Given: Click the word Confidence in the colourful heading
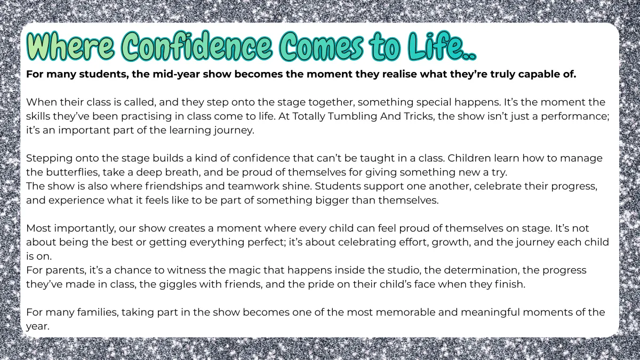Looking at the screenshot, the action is [197, 46].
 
